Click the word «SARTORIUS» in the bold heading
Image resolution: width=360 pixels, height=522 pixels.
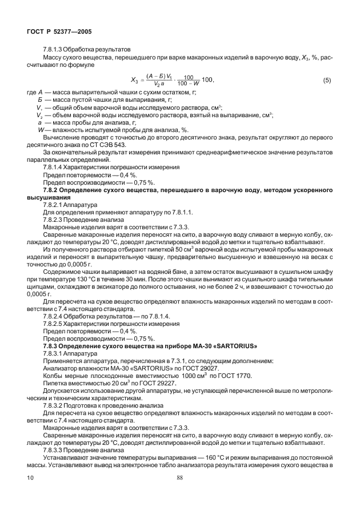(x=231, y=346)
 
